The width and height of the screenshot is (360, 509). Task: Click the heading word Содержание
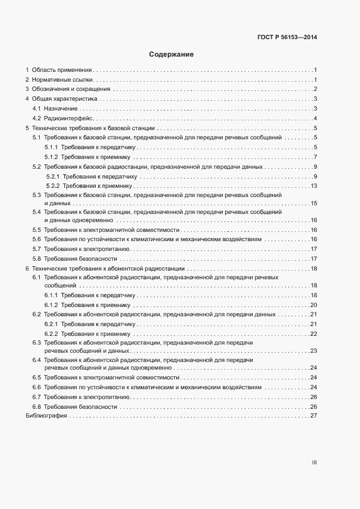click(x=172, y=54)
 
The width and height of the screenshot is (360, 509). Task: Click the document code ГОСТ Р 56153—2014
click(x=287, y=38)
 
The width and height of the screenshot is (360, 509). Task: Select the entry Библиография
click(x=46, y=416)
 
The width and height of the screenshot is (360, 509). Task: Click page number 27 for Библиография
click(x=313, y=416)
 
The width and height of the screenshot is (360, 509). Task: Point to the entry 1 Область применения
click(x=59, y=70)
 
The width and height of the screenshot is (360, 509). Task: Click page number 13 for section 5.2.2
click(x=313, y=186)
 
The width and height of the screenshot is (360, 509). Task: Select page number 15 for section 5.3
click(x=313, y=203)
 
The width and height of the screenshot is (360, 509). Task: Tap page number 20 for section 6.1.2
click(x=313, y=305)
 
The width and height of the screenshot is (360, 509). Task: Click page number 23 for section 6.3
click(x=313, y=351)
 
